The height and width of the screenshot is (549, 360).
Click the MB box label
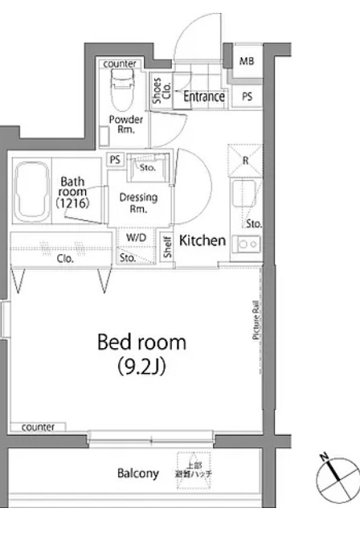(246, 62)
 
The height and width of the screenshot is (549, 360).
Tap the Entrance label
(203, 96)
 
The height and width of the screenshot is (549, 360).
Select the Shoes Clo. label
(157, 93)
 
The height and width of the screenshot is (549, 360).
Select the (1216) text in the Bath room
(72, 204)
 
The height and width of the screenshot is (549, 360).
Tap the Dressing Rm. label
(138, 203)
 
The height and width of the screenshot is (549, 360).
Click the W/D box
(134, 239)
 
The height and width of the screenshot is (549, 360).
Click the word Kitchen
(202, 240)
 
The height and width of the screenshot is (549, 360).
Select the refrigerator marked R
(244, 159)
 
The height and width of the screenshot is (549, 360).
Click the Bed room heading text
(141, 342)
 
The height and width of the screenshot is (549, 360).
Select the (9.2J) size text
(141, 368)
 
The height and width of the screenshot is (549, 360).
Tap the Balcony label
(137, 473)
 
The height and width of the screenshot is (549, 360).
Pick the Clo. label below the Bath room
(66, 259)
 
